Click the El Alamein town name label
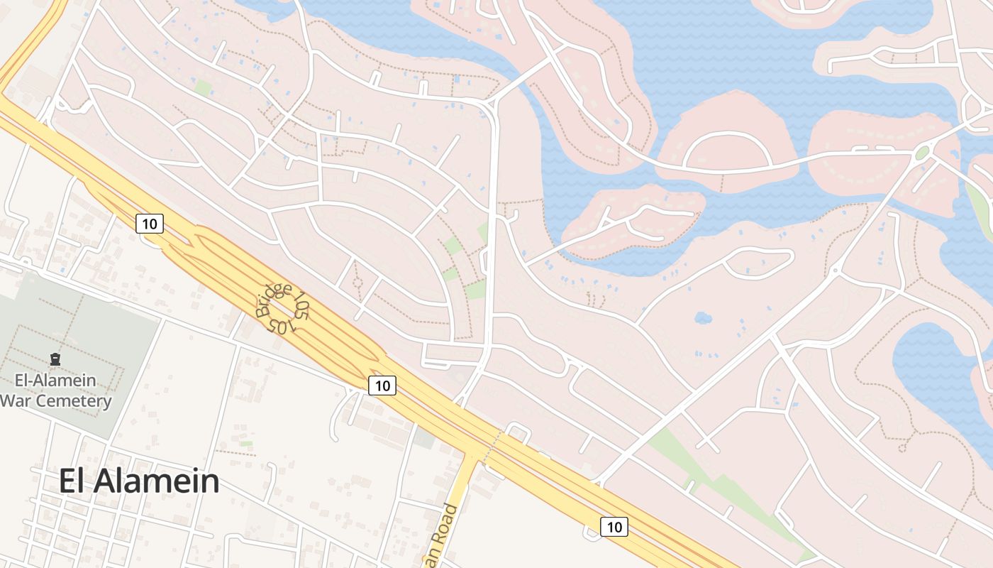tap(139, 481)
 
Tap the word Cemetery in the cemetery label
tap(74, 401)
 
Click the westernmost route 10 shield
tap(150, 224)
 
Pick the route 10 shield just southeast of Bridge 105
tap(382, 386)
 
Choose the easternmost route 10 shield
tap(614, 527)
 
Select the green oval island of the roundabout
tap(922, 153)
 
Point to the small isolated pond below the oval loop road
tap(702, 317)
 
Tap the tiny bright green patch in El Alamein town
tap(246, 444)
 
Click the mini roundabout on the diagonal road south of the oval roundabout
tap(836, 270)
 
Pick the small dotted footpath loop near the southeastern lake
tap(903, 447)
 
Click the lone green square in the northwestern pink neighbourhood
tap(203, 89)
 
